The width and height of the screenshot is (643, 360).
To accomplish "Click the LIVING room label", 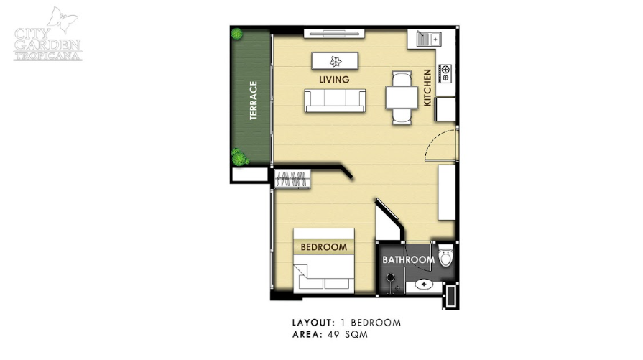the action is [334, 80].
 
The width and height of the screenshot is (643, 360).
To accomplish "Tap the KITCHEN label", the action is [427, 88].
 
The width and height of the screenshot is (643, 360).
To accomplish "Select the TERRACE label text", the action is [254, 101].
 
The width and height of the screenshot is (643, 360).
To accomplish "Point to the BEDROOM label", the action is [323, 247].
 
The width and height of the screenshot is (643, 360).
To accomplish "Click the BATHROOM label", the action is [409, 259].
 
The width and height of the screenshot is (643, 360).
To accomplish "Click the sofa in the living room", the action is [335, 101].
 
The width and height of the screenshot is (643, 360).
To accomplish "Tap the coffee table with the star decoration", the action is [335, 61].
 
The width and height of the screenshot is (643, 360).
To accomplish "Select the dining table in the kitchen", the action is [402, 98].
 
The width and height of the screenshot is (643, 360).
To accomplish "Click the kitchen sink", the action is [428, 39].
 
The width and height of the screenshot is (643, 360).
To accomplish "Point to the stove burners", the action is [445, 73].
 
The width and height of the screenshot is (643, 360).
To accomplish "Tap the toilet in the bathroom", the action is [445, 255].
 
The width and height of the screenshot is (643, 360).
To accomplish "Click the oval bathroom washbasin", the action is [423, 284].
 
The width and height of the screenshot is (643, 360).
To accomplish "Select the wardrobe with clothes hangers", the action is [292, 179].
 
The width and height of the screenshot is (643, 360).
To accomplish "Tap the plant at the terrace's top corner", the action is [236, 34].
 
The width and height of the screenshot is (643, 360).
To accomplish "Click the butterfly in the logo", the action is [63, 19].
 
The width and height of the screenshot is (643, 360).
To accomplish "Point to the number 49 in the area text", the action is [333, 335].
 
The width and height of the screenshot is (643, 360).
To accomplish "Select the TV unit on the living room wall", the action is [334, 34].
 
